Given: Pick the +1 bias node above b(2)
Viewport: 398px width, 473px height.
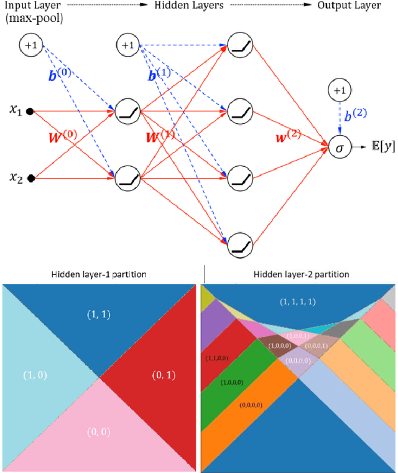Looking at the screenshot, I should (x=338, y=91).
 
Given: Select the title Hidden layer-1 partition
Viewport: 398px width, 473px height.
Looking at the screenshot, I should (x=100, y=274).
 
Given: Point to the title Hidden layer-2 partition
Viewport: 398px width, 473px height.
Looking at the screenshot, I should (x=300, y=274).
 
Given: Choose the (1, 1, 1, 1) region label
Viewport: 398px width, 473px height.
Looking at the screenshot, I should (x=298, y=301).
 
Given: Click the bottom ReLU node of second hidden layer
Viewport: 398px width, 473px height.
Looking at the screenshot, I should (x=239, y=245).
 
